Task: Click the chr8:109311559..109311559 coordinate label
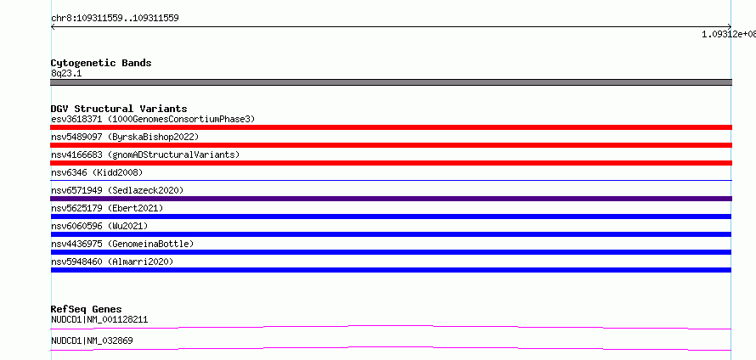[115, 19]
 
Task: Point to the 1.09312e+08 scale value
[729, 34]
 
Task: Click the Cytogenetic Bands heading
[101, 63]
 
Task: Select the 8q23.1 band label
[66, 73]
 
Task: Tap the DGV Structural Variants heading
[119, 109]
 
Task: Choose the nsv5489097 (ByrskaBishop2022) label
[125, 137]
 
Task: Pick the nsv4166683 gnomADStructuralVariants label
[145, 155]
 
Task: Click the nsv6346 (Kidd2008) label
[97, 172]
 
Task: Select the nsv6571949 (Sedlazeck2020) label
[117, 190]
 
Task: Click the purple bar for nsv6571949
[391, 199]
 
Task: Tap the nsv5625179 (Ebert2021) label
[107, 208]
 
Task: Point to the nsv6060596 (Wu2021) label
[99, 226]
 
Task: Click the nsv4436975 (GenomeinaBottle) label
[122, 244]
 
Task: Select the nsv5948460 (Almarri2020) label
[112, 262]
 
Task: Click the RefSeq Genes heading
[87, 309]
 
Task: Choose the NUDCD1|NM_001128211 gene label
[99, 319]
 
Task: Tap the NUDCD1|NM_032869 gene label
[92, 340]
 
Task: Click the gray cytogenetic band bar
[391, 82]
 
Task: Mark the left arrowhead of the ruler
[52, 27]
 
